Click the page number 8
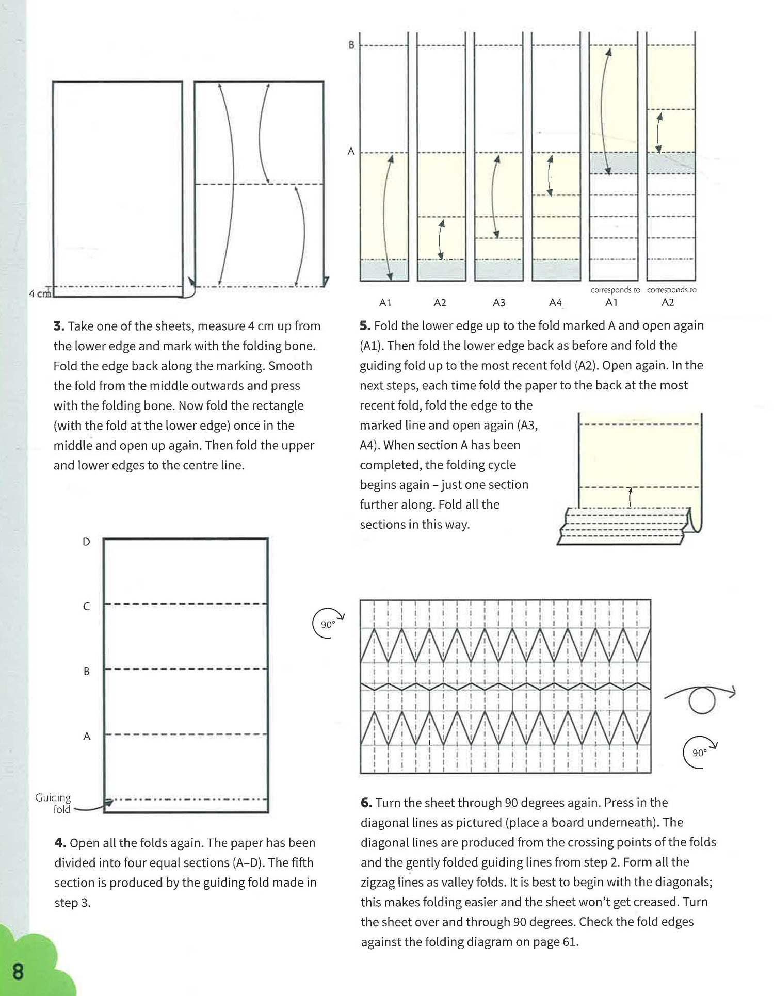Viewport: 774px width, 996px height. point(18,972)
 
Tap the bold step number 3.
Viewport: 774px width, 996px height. point(58,326)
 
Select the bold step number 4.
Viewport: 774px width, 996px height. point(60,843)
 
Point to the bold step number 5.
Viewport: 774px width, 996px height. point(365,326)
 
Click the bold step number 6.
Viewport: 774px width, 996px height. point(366,803)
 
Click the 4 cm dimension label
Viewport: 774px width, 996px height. point(39,294)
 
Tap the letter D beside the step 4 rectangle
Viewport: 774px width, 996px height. point(86,542)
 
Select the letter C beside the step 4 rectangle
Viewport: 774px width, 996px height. point(86,607)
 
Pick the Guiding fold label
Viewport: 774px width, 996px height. point(53,803)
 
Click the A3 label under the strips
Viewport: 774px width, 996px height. point(499,303)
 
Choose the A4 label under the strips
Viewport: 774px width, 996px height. point(555,303)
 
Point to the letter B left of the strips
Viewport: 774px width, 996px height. point(351,45)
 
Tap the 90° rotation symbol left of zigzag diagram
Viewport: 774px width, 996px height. point(328,624)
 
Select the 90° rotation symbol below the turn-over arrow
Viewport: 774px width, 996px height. point(700,753)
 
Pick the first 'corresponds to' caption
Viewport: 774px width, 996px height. point(615,290)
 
